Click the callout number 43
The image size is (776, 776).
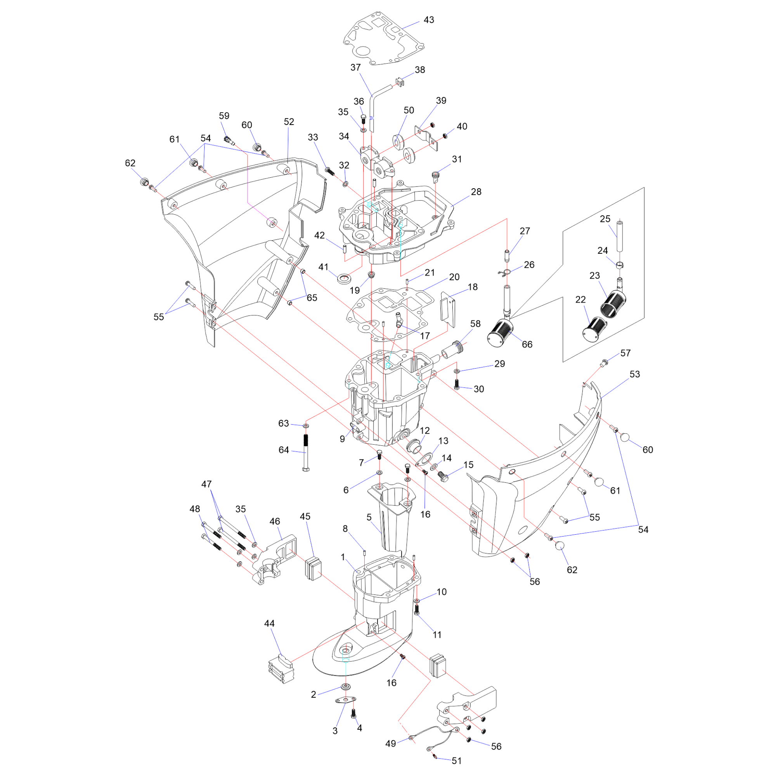tap(429, 20)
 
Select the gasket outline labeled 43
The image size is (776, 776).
tap(384, 39)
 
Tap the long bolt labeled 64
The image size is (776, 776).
tap(306, 452)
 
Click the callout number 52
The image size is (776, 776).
tap(289, 122)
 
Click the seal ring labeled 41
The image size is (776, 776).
tap(344, 278)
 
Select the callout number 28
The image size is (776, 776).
tap(476, 192)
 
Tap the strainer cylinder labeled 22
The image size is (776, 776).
tap(594, 329)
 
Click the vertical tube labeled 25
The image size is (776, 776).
tap(620, 236)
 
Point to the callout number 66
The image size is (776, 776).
tap(527, 344)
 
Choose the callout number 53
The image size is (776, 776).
tap(635, 374)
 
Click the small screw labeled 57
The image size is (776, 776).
tap(603, 363)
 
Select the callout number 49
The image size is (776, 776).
tap(390, 743)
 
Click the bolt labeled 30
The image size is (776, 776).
tap(456, 385)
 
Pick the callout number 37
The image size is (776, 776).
tap(355, 67)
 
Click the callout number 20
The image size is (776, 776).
tap(454, 277)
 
